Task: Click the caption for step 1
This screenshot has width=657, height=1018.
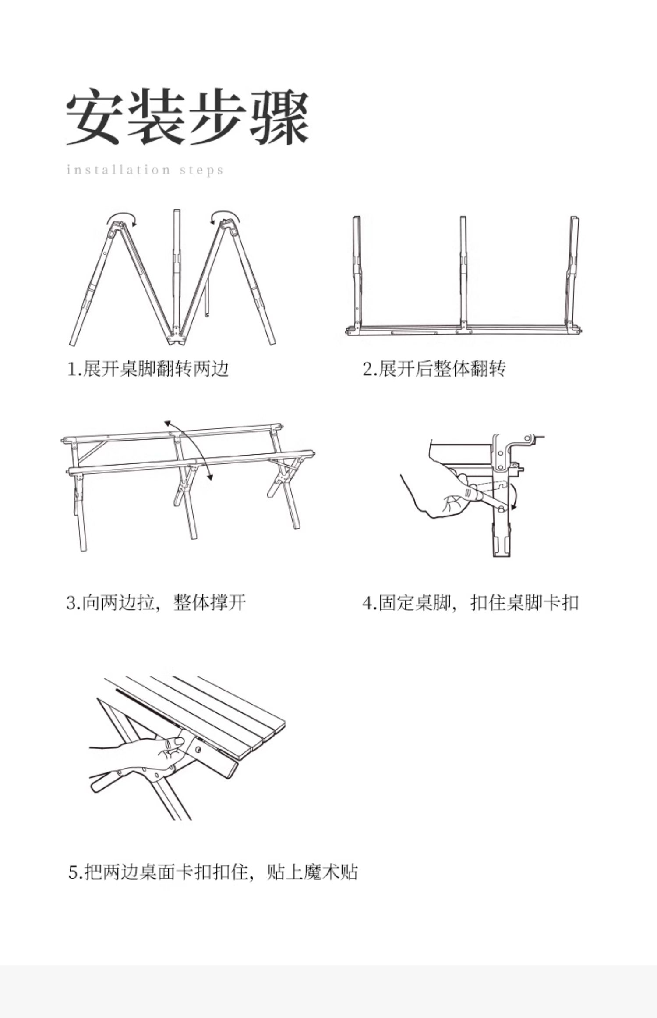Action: (148, 369)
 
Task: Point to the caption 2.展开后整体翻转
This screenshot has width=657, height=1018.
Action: (434, 369)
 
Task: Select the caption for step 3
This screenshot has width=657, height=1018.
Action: (156, 602)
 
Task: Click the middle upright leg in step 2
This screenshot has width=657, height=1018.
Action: (463, 272)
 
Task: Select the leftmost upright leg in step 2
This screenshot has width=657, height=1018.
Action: (357, 272)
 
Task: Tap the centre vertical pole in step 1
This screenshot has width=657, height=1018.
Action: (176, 272)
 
